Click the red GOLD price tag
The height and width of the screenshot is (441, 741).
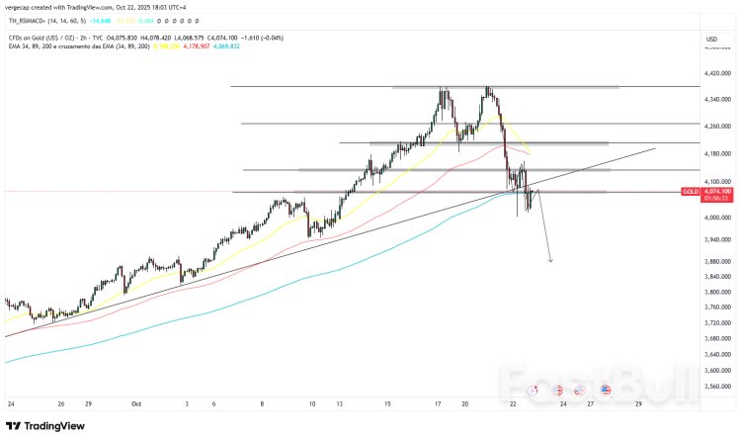click(x=690, y=190)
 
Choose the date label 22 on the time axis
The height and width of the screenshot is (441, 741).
click(x=514, y=404)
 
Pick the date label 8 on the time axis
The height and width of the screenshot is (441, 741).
click(x=262, y=404)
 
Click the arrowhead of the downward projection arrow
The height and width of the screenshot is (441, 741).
click(x=550, y=260)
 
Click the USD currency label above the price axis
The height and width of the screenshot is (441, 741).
click(x=711, y=39)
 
